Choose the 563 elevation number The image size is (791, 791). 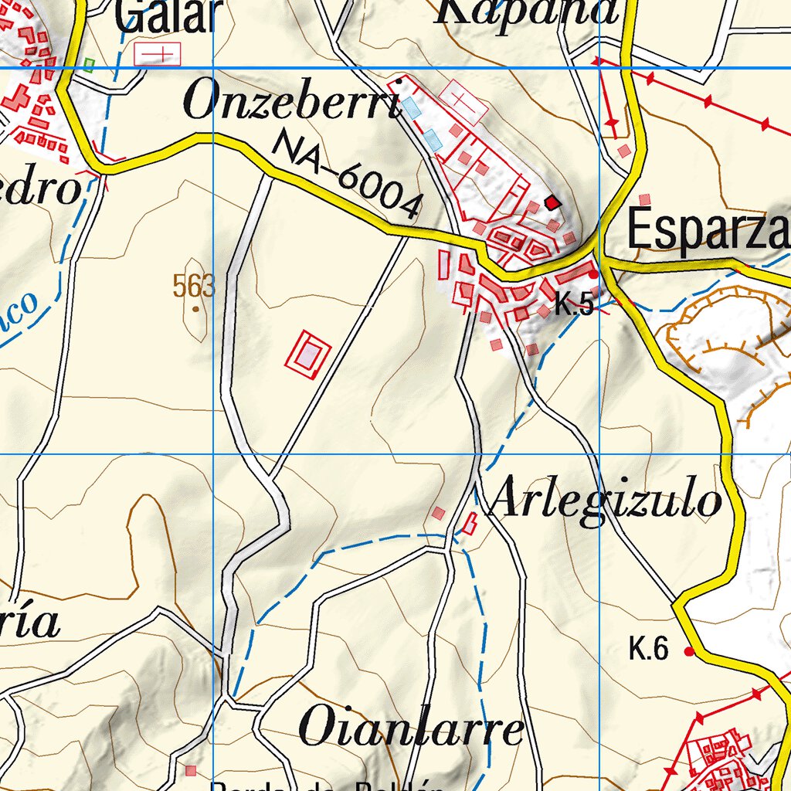[x=193, y=287]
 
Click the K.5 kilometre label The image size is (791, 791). [x=574, y=306]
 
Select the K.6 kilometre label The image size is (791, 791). [x=648, y=650]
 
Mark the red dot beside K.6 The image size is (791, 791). [x=689, y=653]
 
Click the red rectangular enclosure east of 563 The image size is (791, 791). [x=308, y=355]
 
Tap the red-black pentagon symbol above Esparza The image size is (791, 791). [x=552, y=202]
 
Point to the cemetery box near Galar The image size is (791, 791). [x=157, y=53]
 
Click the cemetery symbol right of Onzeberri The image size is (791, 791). [x=463, y=100]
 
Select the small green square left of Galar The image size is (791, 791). [x=89, y=65]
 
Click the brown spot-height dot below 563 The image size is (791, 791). [x=195, y=309]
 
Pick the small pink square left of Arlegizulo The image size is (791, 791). [x=438, y=513]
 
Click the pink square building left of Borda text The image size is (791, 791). [x=190, y=770]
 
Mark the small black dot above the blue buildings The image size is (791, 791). [x=399, y=80]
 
